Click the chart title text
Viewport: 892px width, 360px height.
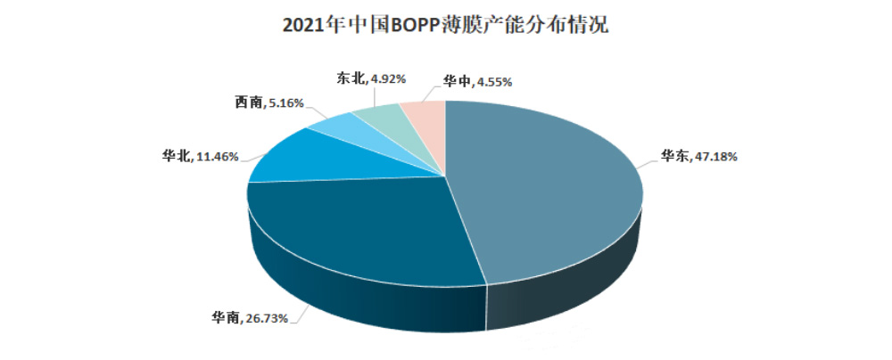[x=445, y=25]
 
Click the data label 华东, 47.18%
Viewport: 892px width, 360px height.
[x=698, y=157]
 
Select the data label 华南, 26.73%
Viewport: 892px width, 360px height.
[x=249, y=317]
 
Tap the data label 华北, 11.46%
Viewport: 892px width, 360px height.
[x=200, y=157]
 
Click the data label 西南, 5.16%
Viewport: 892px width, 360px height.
[x=268, y=103]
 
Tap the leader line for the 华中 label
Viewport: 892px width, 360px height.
[x=434, y=91]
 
